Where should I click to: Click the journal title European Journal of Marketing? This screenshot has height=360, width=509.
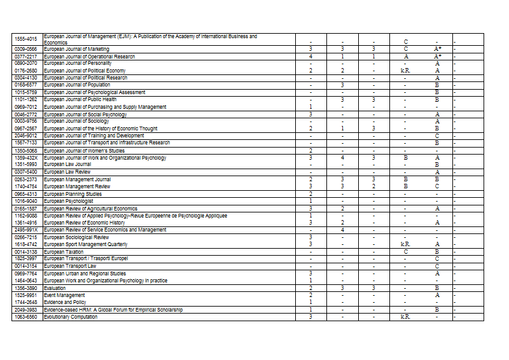coord(76,49)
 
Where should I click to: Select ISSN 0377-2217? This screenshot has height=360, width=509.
coord(27,56)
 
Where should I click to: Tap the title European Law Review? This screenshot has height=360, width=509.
coord(67,172)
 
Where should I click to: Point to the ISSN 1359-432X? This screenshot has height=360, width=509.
coord(27,157)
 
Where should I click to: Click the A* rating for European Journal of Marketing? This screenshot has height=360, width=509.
coord(437,49)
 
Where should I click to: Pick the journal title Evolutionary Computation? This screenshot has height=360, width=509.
coord(71,317)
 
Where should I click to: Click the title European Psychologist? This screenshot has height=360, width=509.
coord(68,201)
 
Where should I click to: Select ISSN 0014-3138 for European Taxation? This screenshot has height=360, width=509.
coord(27,252)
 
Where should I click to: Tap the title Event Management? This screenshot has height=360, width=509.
coord(64,295)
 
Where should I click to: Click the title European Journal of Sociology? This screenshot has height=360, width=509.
coord(76,121)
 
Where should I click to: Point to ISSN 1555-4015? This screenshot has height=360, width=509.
coord(27,39)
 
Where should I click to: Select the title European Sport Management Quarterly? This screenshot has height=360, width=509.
coord(86,244)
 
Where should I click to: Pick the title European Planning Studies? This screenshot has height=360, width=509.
coord(73,193)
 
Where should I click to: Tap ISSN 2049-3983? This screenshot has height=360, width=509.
coord(27,310)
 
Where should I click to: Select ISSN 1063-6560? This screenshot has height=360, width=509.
coord(27,317)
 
